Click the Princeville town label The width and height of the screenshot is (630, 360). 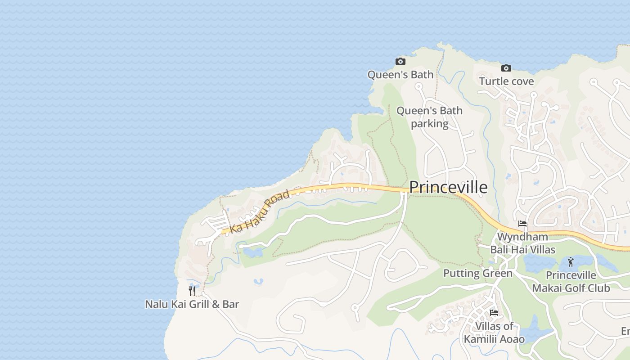pos(448,187)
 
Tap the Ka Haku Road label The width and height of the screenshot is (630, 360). pos(260,211)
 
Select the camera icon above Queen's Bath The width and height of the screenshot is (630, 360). pos(400,61)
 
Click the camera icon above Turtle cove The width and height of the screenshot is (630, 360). pos(506,68)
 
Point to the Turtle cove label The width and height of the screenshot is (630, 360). pos(506,81)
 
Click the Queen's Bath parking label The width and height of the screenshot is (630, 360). pos(429,117)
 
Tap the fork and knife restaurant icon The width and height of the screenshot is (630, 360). pos(192,291)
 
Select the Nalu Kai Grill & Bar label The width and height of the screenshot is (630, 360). pos(192,304)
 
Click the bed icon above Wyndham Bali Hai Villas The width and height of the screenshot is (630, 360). pos(522,223)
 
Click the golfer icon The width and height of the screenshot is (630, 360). pos(571,261)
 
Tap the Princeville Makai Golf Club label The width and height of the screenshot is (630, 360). pos(571,282)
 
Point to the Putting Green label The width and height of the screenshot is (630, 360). pos(478,273)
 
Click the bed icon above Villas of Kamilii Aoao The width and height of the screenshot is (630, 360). pos(494,313)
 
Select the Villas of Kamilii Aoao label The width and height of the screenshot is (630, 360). pos(494,333)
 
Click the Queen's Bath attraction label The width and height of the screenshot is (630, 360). pos(400,75)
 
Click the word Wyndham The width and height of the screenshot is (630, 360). pos(522,237)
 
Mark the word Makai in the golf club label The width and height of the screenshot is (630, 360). pos(549,288)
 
